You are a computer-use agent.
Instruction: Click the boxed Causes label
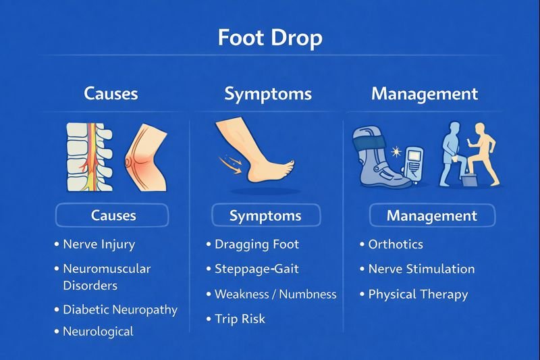pyautogui.click(x=113, y=216)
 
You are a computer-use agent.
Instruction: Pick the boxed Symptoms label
pyautogui.click(x=265, y=216)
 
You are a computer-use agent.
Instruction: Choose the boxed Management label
pyautogui.click(x=432, y=216)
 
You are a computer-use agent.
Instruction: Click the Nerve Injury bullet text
pyautogui.click(x=99, y=245)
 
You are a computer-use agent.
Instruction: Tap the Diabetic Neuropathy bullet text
pyautogui.click(x=119, y=310)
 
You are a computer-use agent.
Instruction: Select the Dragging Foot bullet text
pyautogui.click(x=256, y=245)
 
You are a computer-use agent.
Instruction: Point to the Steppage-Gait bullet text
pyautogui.click(x=256, y=269)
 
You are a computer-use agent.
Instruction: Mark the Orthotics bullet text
pyautogui.click(x=396, y=245)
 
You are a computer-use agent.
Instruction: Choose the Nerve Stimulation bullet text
pyautogui.click(x=421, y=269)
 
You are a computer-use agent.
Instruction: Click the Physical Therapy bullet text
pyautogui.click(x=418, y=294)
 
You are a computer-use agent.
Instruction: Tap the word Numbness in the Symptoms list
pyautogui.click(x=308, y=294)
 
